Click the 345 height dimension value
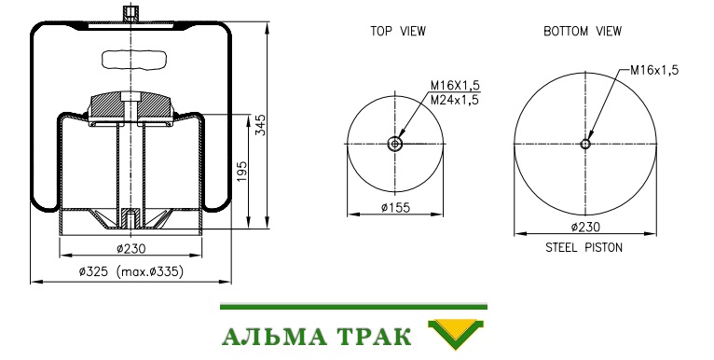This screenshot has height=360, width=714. pos(261,125)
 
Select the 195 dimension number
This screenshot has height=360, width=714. pos(241,172)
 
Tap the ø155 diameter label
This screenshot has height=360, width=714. pos(396,208)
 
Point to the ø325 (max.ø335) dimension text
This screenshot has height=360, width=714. pos(131,272)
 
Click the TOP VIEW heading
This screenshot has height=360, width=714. pos(398,32)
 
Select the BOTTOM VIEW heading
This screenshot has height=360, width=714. pos(583,32)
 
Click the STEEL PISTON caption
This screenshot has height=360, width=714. pos(584,247)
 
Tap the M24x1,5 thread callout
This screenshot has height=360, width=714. pos(455,100)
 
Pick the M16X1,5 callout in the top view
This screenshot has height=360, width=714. pos(456,85)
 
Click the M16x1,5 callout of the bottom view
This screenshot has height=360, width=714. pos(654,70)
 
